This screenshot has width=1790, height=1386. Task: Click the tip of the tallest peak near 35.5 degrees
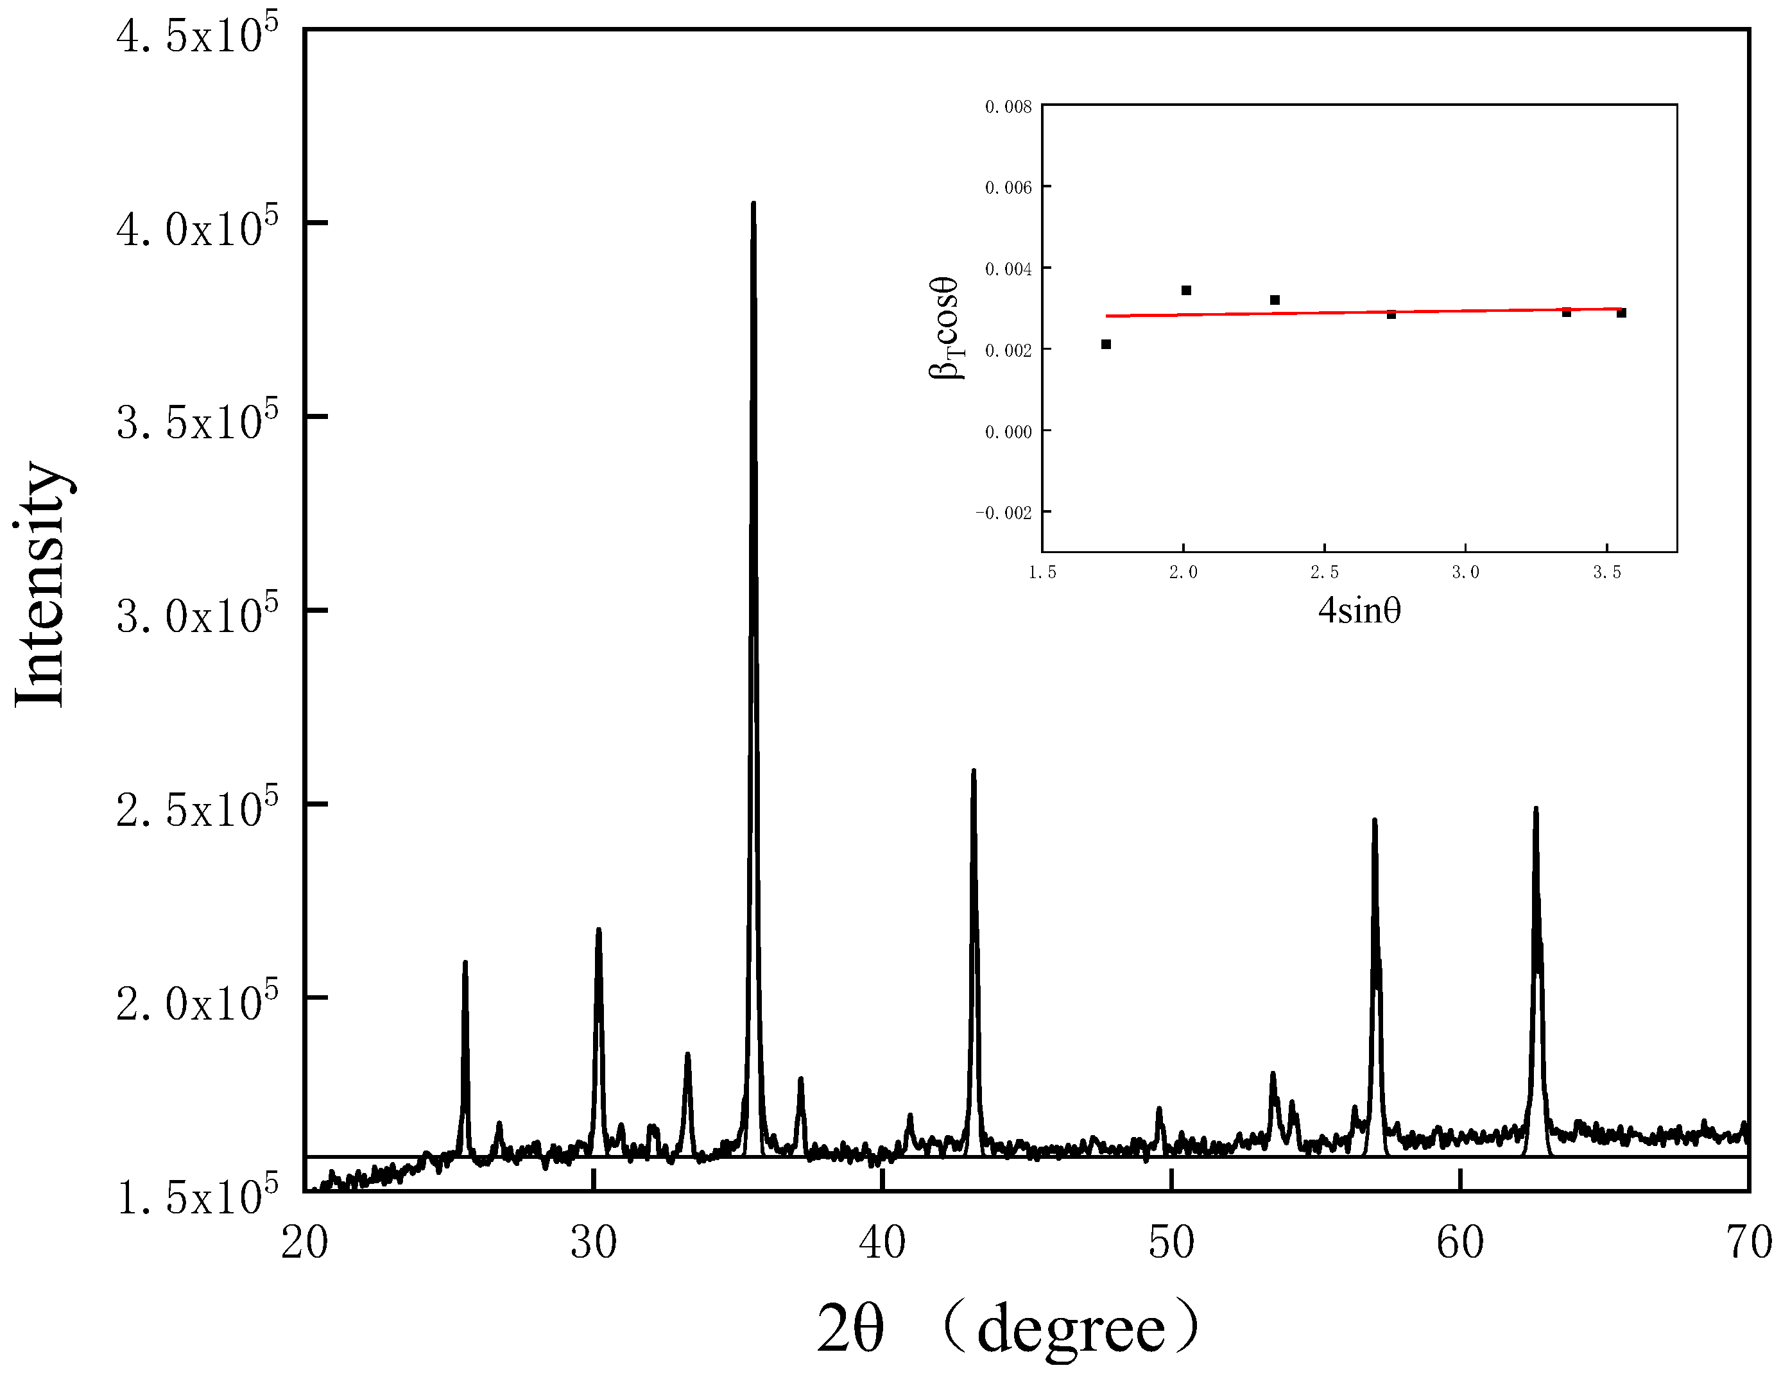point(753,203)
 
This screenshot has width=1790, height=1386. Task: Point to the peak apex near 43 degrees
point(974,771)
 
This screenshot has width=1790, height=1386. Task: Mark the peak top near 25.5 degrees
point(465,963)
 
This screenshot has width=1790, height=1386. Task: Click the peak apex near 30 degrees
point(599,930)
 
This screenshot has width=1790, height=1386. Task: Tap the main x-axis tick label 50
point(1171,1244)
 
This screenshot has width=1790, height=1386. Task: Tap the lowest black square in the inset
point(1106,344)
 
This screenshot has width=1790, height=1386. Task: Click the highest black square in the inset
point(1186,290)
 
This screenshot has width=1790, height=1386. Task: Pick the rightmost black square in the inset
point(1621,313)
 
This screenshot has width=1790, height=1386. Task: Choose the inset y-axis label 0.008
point(1008,107)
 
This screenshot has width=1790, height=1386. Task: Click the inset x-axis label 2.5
point(1325,573)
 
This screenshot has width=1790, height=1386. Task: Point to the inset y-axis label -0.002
point(1004,513)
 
